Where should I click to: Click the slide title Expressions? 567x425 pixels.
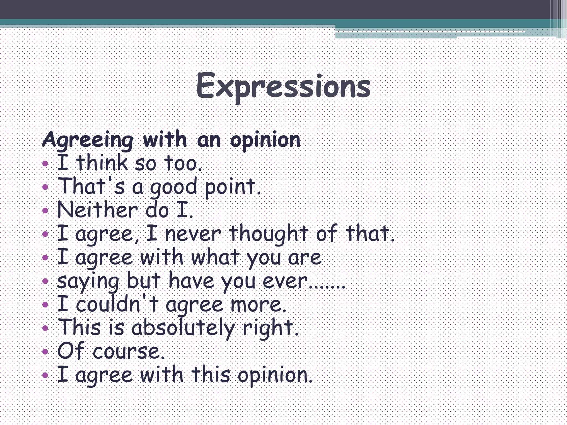283,86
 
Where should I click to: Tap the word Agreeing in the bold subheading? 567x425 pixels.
87,140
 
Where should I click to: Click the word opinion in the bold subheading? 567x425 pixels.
265,140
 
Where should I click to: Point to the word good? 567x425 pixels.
173,187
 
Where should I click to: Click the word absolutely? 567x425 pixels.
183,328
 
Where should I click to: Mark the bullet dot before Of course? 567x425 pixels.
45,352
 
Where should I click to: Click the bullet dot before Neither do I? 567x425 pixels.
45,211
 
